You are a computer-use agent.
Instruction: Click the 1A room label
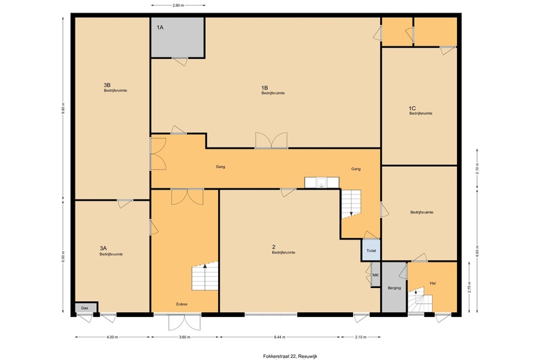160,28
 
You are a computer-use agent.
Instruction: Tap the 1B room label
264,88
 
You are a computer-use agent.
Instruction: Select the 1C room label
412,108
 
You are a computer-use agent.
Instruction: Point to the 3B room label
107,86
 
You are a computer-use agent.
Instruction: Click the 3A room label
103,249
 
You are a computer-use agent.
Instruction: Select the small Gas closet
85,308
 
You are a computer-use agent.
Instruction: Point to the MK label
376,276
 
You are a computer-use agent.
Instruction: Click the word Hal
432,282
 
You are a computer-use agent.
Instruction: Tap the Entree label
181,304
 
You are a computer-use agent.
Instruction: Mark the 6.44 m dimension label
280,337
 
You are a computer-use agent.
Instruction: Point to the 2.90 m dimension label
177,6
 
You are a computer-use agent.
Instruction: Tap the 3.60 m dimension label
184,337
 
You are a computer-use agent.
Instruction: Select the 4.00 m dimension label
112,337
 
